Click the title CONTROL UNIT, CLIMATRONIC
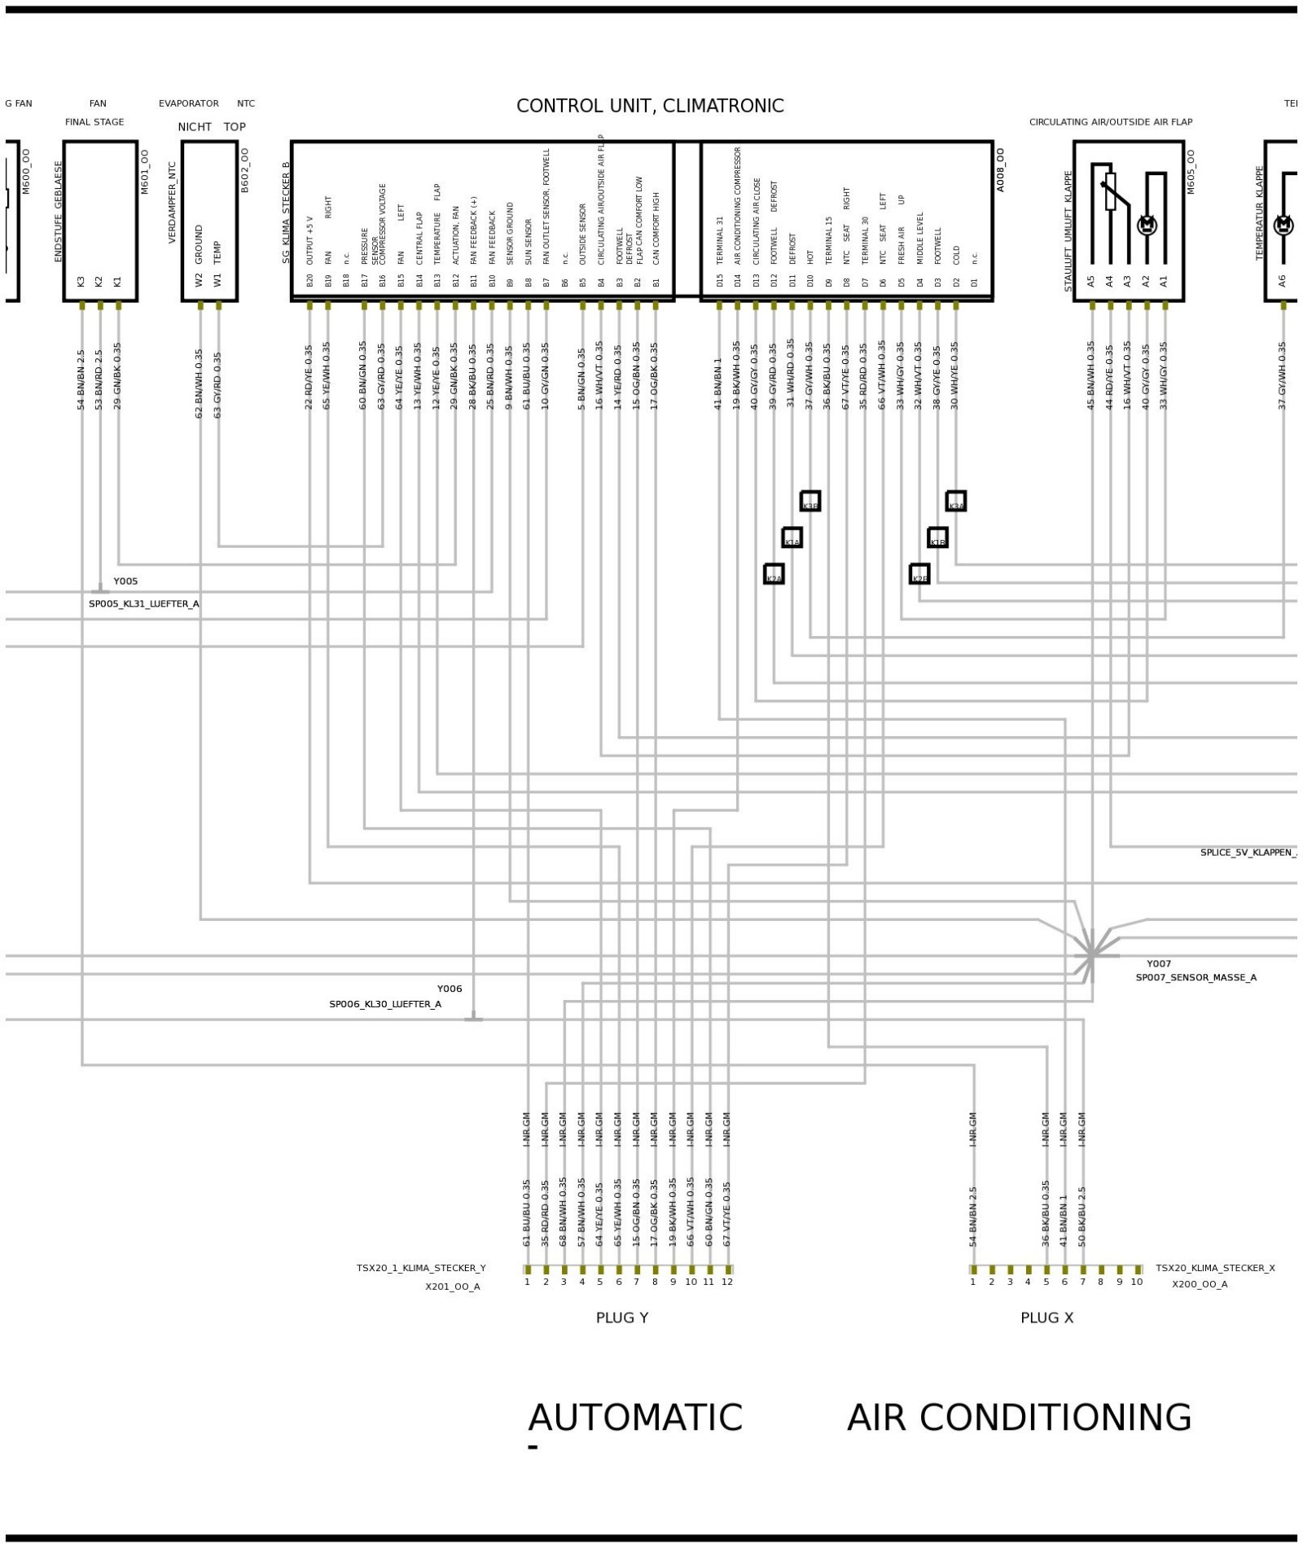(x=650, y=106)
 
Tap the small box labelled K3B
(x=810, y=501)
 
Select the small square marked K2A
(x=774, y=574)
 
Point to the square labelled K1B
(x=937, y=537)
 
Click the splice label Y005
(x=125, y=581)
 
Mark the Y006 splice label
(x=450, y=989)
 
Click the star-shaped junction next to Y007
(x=1091, y=956)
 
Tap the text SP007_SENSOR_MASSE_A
(x=1196, y=977)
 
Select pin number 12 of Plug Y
(x=727, y=1282)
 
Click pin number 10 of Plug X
(x=1137, y=1282)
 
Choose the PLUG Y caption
(x=622, y=1318)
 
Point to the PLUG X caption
(x=1047, y=1318)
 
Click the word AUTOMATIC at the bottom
(x=635, y=1418)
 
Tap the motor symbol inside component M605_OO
(x=1147, y=225)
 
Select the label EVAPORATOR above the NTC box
(x=189, y=103)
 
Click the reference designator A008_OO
(x=1000, y=170)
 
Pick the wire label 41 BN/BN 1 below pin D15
(x=718, y=383)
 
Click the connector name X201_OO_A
(x=453, y=1287)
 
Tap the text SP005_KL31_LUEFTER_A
(x=144, y=604)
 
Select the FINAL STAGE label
(x=94, y=122)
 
